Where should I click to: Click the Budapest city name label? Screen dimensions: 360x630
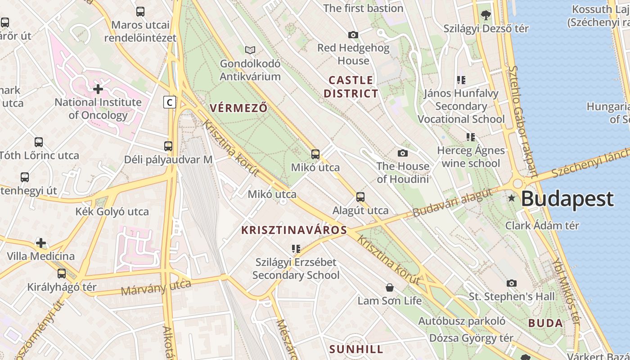coord(567,199)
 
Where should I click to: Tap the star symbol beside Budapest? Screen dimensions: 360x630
coord(511,198)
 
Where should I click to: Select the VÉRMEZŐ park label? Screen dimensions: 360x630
coord(238,108)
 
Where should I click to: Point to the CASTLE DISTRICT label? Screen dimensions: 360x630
coord(351,87)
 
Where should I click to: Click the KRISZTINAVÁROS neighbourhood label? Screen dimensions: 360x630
coord(294,230)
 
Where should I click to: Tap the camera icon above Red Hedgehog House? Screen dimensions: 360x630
coord(353,35)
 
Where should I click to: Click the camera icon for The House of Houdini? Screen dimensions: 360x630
coord(403,153)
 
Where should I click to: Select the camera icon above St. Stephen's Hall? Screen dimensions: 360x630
coord(511,283)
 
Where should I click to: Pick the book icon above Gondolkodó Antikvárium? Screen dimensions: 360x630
coord(250,50)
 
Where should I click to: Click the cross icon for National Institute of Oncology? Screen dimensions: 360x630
coord(98,89)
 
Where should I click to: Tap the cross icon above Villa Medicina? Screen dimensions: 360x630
coord(41,243)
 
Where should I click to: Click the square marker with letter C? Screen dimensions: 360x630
coord(169,103)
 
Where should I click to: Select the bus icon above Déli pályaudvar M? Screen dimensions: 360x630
coord(168,146)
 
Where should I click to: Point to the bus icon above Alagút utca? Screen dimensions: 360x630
coord(360,197)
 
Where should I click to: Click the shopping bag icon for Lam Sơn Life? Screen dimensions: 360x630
coord(390,287)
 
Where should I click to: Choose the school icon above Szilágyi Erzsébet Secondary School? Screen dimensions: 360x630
coord(296,249)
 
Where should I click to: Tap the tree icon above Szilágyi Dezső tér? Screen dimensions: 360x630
coord(486,15)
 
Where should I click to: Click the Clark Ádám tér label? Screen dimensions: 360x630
coord(542,225)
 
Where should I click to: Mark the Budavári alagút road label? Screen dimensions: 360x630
coord(452,203)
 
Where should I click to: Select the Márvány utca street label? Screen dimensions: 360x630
coord(156,288)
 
